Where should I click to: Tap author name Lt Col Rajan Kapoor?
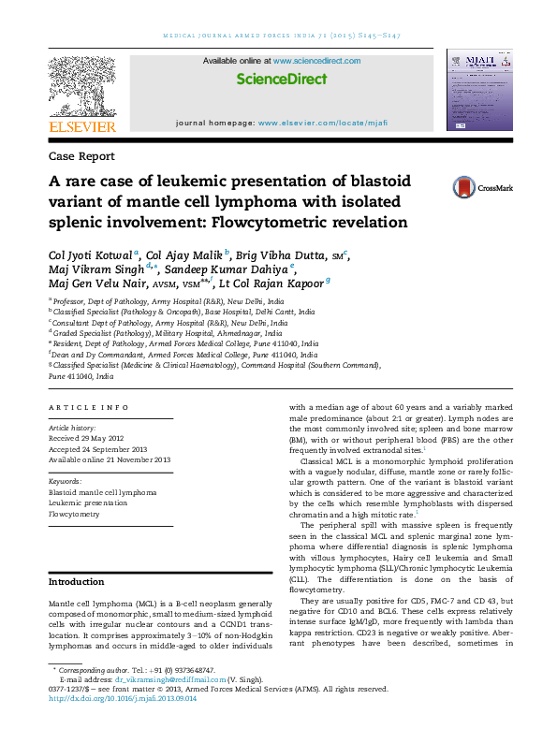tap(271, 284)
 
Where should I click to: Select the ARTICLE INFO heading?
tap(88, 408)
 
